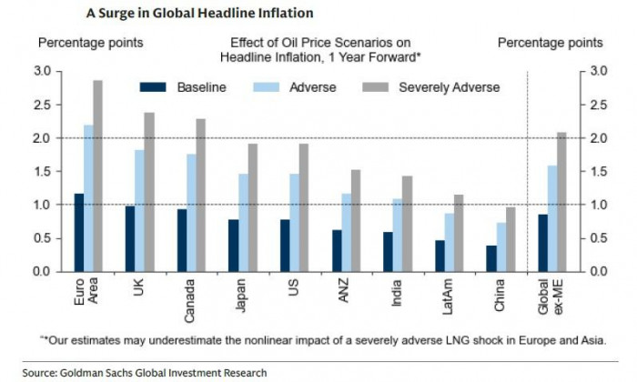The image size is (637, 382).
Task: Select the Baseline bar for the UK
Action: [x=129, y=238]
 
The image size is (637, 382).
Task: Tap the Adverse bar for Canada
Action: [x=191, y=213]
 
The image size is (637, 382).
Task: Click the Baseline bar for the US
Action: [x=285, y=246]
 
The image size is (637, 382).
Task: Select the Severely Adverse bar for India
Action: [x=408, y=224]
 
